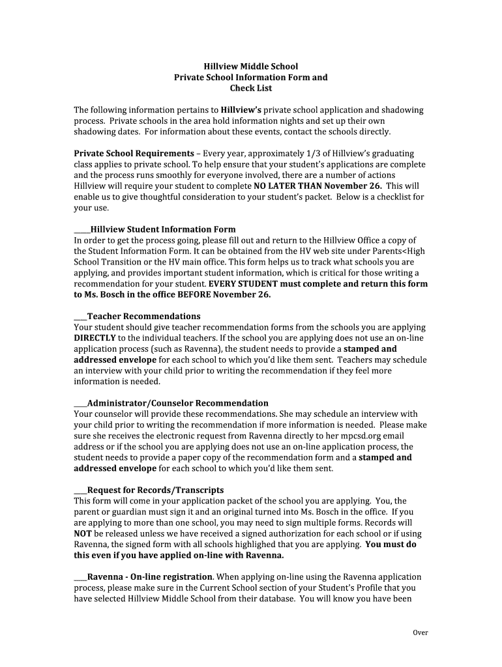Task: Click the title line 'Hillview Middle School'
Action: pyautogui.click(x=250, y=66)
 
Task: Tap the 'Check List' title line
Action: pyautogui.click(x=250, y=88)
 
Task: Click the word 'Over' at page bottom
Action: pyautogui.click(x=421, y=632)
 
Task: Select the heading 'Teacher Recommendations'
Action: pyautogui.click(x=143, y=316)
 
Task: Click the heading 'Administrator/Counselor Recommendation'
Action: pyautogui.click(x=177, y=403)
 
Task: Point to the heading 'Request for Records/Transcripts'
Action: pyautogui.click(x=155, y=490)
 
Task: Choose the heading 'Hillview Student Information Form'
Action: pyautogui.click(x=163, y=229)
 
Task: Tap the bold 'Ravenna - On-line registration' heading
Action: pyautogui.click(x=150, y=576)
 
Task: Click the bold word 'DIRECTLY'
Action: pyautogui.click(x=95, y=338)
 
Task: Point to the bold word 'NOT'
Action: pyautogui.click(x=82, y=533)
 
